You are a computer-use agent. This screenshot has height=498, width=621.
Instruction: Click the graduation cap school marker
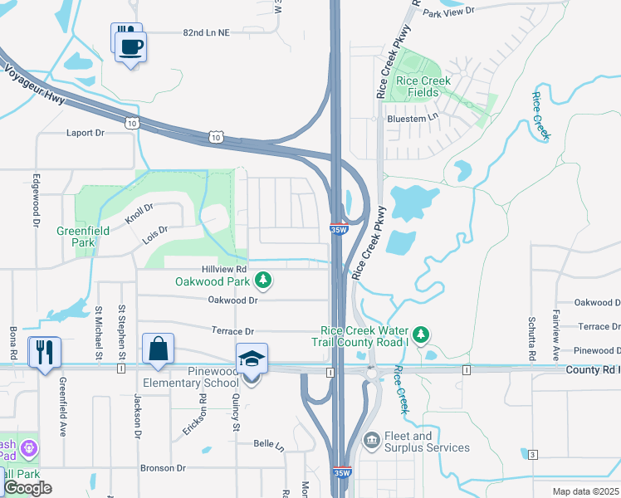[252, 359]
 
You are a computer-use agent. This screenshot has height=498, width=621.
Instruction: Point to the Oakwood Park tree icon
[263, 281]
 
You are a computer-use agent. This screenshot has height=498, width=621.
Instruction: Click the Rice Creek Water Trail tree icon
[421, 334]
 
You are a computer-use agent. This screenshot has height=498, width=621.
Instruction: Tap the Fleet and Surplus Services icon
[371, 437]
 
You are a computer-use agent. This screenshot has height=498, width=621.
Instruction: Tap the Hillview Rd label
[224, 270]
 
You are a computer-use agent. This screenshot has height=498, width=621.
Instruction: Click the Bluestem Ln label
[412, 119]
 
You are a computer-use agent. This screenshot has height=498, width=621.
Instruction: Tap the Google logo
[27, 488]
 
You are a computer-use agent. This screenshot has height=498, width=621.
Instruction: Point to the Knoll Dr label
[139, 213]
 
